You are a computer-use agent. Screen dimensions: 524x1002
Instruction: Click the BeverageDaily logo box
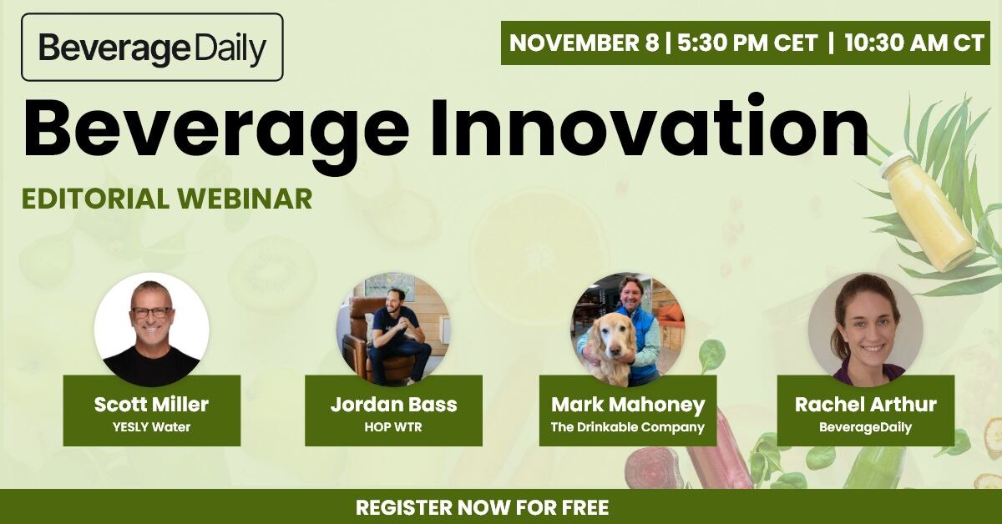(x=152, y=48)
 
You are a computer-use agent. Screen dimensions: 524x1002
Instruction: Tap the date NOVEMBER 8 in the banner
(x=584, y=43)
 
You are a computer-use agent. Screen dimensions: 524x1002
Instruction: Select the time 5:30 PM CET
(x=747, y=43)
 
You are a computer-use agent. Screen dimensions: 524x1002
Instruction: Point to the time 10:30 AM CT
(x=913, y=43)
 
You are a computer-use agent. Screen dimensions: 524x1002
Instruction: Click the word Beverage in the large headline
(x=215, y=128)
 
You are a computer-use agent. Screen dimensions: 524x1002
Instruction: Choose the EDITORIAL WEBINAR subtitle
(x=167, y=199)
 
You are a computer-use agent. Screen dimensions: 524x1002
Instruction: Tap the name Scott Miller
(x=151, y=405)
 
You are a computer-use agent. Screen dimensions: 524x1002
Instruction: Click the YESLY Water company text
(x=151, y=428)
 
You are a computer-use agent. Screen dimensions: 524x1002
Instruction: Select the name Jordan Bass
(x=393, y=405)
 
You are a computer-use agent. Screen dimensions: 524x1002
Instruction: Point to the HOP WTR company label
(x=393, y=428)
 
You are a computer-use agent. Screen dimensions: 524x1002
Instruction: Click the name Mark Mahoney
(x=628, y=405)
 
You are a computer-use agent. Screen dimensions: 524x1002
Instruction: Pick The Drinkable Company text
(x=628, y=428)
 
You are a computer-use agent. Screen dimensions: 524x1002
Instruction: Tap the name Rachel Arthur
(x=865, y=405)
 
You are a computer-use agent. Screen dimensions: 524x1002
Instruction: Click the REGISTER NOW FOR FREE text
(x=482, y=507)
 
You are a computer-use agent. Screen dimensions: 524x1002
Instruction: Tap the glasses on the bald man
(x=151, y=312)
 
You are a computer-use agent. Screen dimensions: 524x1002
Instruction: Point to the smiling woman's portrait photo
(x=865, y=330)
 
